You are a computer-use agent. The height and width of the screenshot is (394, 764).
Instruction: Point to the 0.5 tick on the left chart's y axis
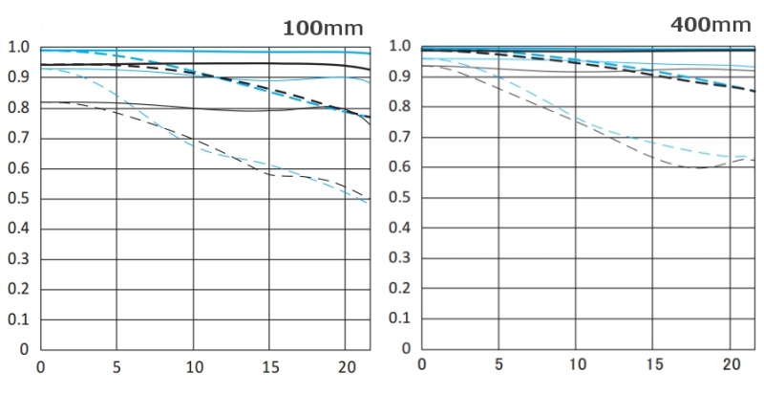click(x=18, y=200)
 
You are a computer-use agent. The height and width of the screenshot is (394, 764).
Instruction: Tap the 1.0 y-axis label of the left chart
click(x=18, y=47)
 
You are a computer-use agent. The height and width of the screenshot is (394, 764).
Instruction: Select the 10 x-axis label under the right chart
click(x=576, y=366)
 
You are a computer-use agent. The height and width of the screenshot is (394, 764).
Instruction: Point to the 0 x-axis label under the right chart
click(x=422, y=366)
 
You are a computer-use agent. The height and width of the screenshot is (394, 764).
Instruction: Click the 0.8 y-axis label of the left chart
click(x=18, y=108)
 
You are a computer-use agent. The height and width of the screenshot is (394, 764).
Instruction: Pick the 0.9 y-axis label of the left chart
click(x=18, y=77)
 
